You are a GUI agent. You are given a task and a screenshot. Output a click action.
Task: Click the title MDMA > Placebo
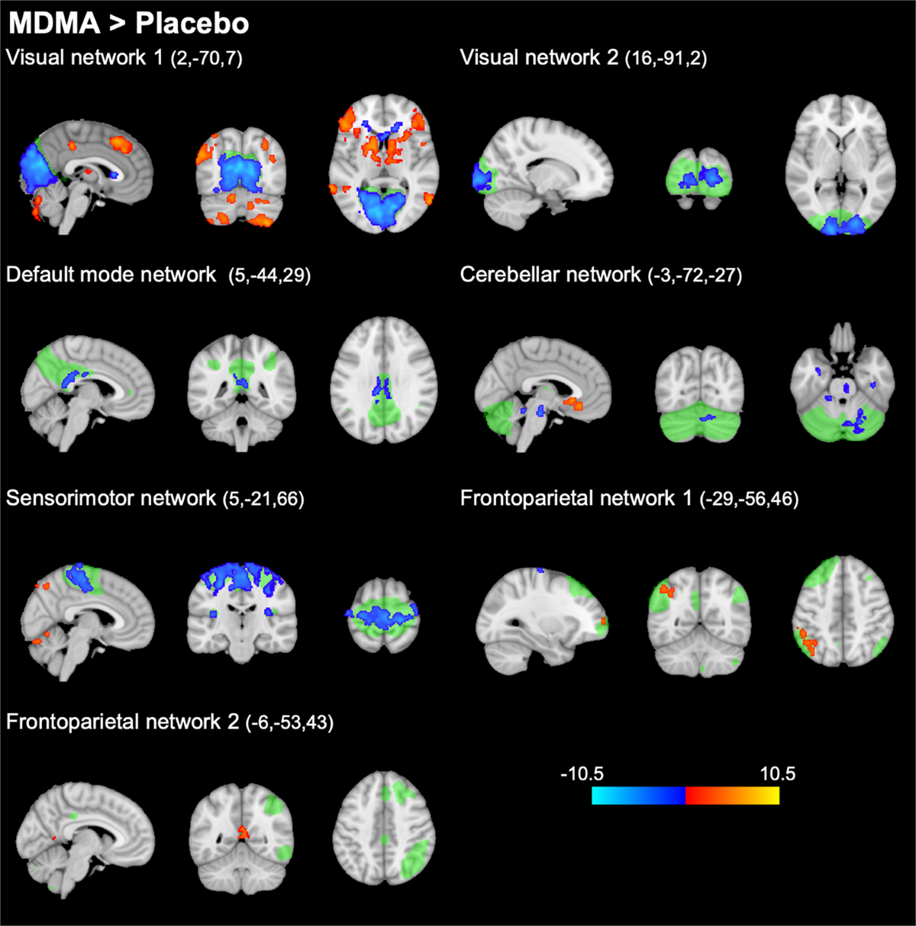click(128, 24)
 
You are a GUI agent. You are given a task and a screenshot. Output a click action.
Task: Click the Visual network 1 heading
click(84, 57)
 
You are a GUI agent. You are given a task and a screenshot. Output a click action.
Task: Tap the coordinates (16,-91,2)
click(666, 59)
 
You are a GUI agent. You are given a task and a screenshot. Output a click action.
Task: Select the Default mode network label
click(111, 275)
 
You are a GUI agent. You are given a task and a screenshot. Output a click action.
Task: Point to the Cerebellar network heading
click(550, 275)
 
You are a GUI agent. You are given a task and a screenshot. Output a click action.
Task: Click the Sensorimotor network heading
click(111, 499)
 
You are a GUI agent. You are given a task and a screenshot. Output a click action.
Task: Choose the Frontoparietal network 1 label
click(576, 499)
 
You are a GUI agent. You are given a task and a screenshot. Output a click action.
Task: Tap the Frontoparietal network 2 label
click(122, 722)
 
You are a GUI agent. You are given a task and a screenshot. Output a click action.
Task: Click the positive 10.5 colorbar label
click(777, 773)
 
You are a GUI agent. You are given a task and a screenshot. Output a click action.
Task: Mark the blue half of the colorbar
click(638, 796)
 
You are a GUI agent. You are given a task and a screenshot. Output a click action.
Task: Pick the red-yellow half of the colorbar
click(732, 796)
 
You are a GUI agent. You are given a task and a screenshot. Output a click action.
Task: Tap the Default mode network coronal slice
click(241, 385)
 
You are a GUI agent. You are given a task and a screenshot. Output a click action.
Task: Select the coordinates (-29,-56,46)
click(749, 500)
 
